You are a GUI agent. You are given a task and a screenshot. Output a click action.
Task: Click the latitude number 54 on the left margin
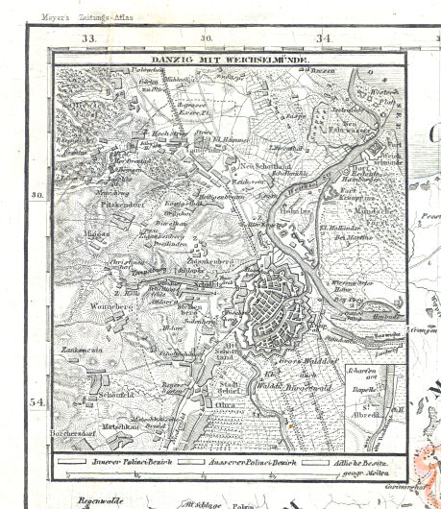(37, 401)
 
